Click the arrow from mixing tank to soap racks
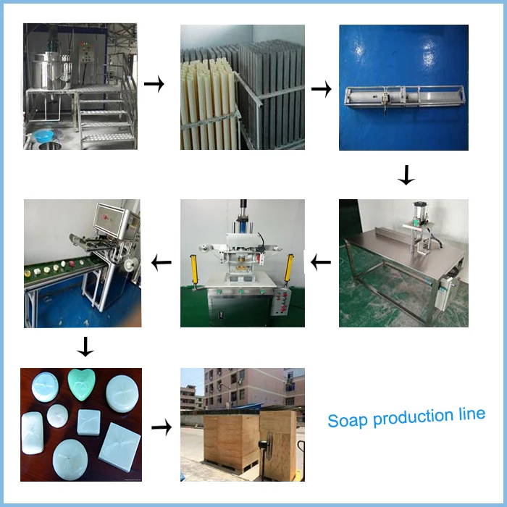[x=154, y=85]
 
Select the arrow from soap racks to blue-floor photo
[x=321, y=89]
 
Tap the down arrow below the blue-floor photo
[x=406, y=175]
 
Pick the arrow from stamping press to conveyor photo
[x=161, y=261]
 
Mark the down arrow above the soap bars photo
[x=85, y=348]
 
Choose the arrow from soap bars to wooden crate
[x=161, y=427]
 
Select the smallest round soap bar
[x=57, y=416]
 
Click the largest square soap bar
[x=121, y=447]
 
